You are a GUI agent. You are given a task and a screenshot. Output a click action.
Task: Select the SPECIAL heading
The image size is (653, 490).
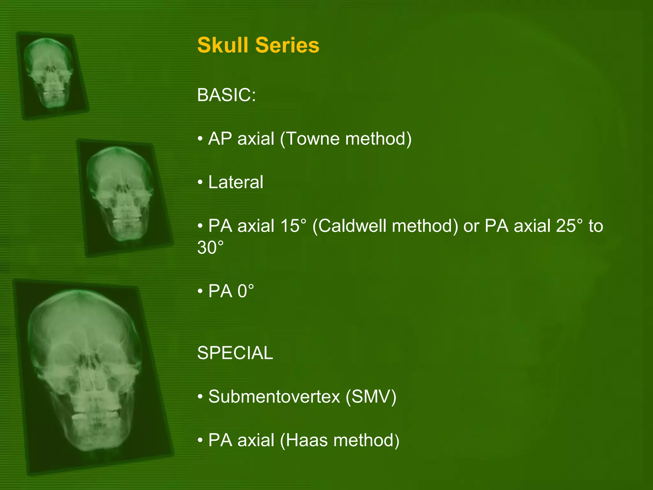[x=235, y=353]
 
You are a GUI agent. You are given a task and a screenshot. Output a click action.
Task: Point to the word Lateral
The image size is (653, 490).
[x=236, y=182]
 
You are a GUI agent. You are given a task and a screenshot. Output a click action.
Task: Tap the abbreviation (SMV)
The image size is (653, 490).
[x=371, y=397]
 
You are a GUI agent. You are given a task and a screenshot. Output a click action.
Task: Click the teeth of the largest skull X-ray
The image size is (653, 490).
[x=96, y=415]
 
